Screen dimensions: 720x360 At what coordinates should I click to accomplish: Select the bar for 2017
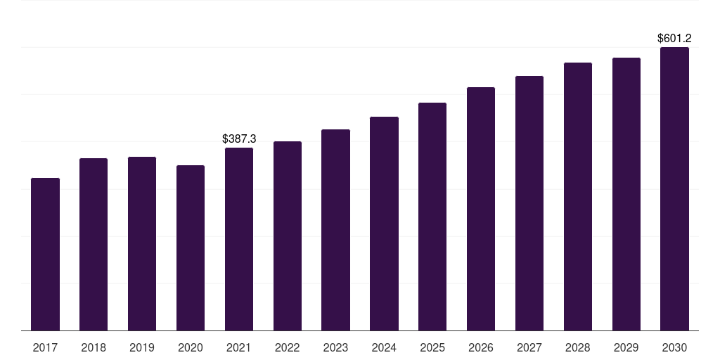(x=45, y=255)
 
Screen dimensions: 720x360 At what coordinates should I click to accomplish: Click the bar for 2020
(x=191, y=248)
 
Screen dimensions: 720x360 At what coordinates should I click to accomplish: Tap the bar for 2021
(x=239, y=239)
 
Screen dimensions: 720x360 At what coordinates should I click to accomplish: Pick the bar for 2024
(x=384, y=224)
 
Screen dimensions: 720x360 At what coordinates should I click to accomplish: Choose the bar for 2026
(x=481, y=209)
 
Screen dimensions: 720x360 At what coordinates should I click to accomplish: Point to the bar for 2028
(x=578, y=197)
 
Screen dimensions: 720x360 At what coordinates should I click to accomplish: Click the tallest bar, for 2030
(x=674, y=188)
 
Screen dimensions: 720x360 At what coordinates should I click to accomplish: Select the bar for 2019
(x=142, y=244)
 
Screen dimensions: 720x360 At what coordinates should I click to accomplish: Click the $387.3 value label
(x=239, y=139)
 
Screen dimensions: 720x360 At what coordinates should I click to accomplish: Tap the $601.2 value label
(x=674, y=38)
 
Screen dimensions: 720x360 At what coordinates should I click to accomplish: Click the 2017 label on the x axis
(x=45, y=347)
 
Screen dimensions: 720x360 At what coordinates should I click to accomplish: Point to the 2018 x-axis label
(x=94, y=347)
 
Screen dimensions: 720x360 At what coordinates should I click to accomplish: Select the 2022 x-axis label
(x=288, y=347)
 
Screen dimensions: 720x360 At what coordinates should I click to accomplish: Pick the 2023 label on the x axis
(x=335, y=347)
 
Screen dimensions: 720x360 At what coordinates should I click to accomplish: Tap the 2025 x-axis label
(x=432, y=347)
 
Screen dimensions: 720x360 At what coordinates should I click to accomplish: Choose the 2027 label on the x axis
(x=529, y=347)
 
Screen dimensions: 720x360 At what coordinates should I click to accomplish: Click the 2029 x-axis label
(x=626, y=347)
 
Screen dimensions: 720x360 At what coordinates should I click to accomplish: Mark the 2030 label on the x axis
(x=674, y=347)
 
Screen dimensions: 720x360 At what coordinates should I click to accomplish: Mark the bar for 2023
(x=335, y=230)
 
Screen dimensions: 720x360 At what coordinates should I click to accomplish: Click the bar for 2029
(x=626, y=194)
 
